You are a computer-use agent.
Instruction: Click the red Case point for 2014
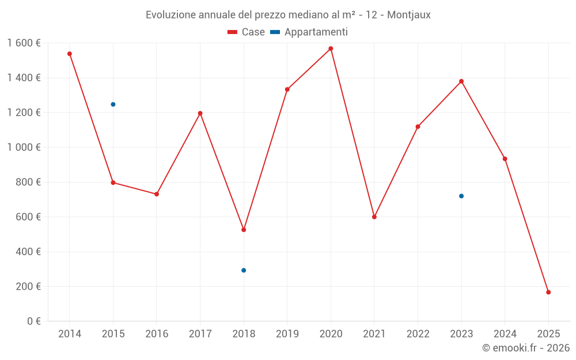(70, 54)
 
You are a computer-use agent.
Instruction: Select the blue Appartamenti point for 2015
(113, 104)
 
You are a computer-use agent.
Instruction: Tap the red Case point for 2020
(331, 48)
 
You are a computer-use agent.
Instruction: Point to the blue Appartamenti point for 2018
(244, 270)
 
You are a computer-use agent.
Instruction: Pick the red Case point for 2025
(548, 292)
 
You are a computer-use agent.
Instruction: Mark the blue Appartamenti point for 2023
(461, 196)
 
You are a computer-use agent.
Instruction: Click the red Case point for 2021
(374, 217)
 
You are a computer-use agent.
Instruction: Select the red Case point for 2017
(200, 113)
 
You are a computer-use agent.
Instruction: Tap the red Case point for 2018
(244, 230)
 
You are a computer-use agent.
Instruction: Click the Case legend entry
(246, 32)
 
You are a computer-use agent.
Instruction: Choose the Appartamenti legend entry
(309, 32)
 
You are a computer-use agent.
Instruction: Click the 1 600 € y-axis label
(24, 43)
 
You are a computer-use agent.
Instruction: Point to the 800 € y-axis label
(29, 182)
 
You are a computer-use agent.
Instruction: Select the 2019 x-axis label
(287, 334)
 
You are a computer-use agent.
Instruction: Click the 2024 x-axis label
(505, 334)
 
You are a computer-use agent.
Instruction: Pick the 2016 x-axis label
(157, 334)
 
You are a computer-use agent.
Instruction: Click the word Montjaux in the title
(408, 15)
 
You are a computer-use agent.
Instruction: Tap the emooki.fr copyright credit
(525, 348)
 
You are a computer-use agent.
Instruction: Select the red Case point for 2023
(461, 81)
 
